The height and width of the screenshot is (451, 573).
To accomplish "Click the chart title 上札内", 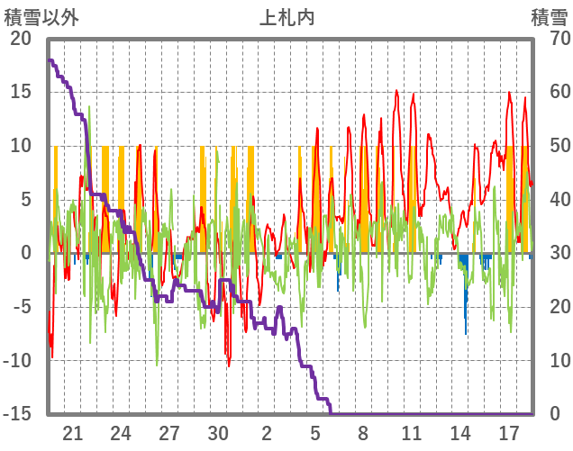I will (286, 17).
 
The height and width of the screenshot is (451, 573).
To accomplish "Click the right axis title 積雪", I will (549, 17).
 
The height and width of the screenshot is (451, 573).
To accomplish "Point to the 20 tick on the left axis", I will (21, 39).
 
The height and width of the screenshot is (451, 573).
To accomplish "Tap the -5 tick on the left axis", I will (21, 307).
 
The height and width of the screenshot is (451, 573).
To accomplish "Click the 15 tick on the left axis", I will (21, 92).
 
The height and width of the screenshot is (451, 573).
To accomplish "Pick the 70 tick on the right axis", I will (550, 39).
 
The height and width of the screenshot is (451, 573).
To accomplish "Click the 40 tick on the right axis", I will (550, 200).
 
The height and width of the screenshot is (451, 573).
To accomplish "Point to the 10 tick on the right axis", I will (550, 361).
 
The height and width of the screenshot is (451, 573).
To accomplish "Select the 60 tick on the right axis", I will (550, 92).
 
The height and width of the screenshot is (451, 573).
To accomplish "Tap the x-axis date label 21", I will (73, 432).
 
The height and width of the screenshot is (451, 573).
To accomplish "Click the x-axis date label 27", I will (169, 432).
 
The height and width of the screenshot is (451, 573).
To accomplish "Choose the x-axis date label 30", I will (218, 432).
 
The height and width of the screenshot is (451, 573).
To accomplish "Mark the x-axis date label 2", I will (267, 432).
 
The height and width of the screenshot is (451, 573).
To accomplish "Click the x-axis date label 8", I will (363, 432).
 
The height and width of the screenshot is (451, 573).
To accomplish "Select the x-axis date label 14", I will (460, 432).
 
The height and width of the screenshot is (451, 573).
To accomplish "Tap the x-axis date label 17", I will (509, 432).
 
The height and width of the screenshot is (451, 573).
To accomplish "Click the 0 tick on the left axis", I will (26, 254).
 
